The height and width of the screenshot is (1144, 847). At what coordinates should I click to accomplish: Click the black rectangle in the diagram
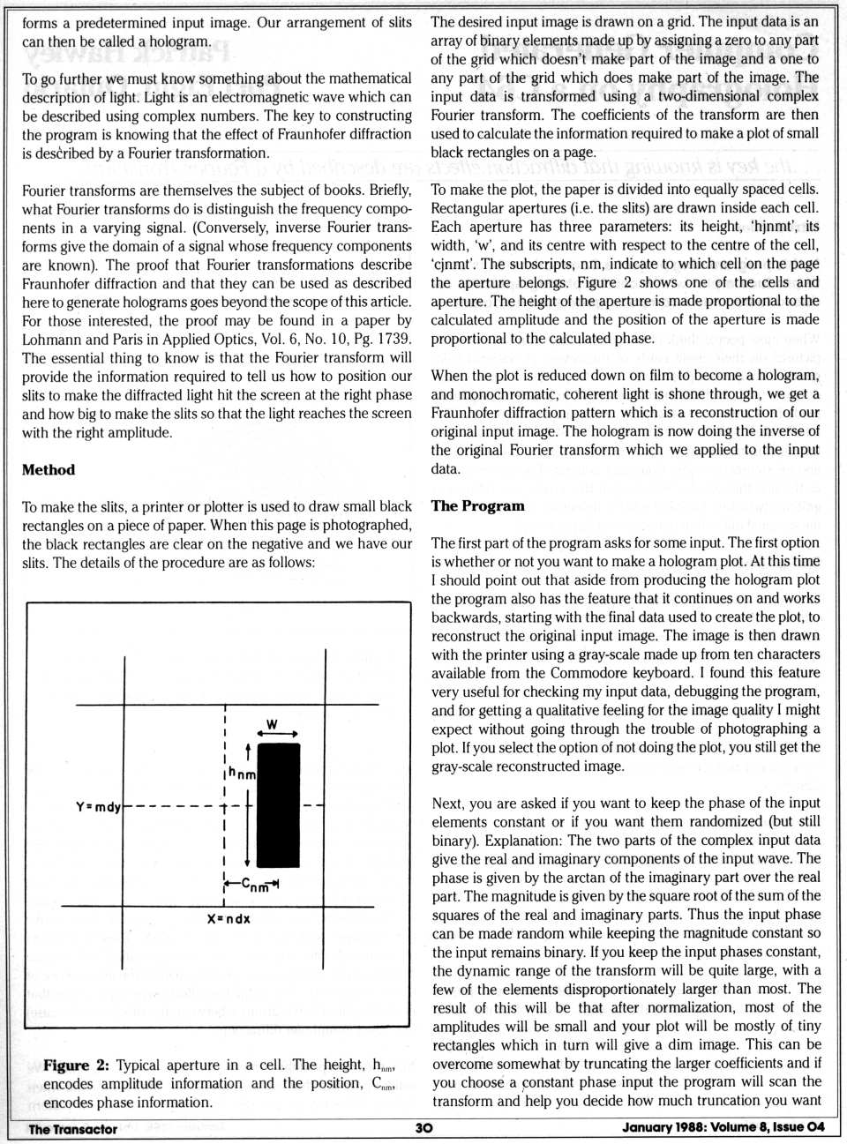278,804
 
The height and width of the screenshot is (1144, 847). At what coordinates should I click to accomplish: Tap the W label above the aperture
272,724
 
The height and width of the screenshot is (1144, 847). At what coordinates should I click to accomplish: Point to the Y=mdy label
98,806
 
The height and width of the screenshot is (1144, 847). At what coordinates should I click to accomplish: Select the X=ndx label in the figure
229,918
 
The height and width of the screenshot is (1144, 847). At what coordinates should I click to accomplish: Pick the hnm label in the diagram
242,774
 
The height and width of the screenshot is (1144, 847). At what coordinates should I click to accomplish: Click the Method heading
49,470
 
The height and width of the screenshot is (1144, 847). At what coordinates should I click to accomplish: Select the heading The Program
477,506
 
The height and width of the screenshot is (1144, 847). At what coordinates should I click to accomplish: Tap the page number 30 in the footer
423,1128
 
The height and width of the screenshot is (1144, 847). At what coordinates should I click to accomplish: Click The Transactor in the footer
72,1129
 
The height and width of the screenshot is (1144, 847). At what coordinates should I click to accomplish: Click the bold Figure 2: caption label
76,1065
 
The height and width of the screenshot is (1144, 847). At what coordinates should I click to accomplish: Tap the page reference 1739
393,339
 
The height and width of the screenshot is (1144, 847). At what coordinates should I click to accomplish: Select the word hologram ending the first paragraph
180,41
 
